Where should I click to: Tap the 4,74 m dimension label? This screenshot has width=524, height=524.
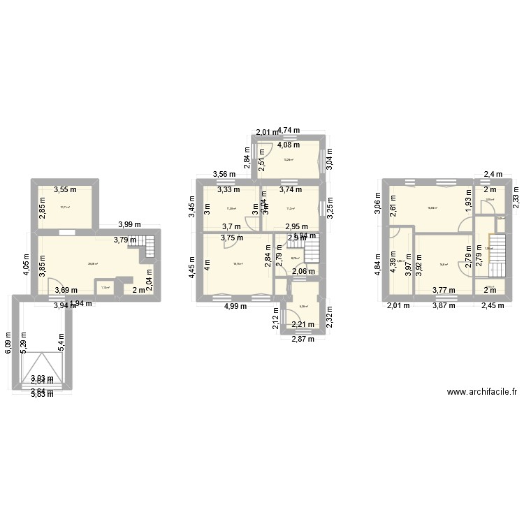289,130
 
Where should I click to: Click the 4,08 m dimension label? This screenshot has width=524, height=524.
289,145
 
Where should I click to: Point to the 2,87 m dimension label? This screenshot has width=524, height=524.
303,340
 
